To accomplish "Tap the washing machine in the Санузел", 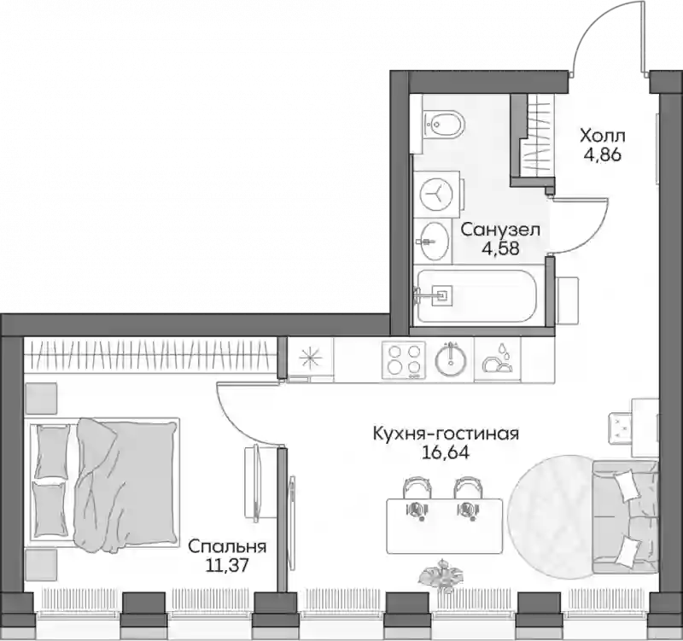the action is tap(437, 194).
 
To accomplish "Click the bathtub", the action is tap(477, 295).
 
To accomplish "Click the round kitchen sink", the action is tap(451, 360).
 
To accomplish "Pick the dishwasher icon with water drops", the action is tap(497, 359).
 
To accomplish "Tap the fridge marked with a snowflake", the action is tap(311, 358).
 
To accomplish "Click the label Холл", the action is tap(603, 137).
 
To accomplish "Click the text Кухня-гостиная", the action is tap(446, 434).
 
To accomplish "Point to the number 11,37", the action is tap(227, 566).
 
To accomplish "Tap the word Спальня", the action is tap(227, 546).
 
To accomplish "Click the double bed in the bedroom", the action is tap(102, 483).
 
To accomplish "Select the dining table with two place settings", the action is tap(445, 525).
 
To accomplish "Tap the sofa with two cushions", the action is tap(625, 517).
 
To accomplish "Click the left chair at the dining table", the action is tap(417, 488).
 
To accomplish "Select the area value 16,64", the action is tap(445, 454).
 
